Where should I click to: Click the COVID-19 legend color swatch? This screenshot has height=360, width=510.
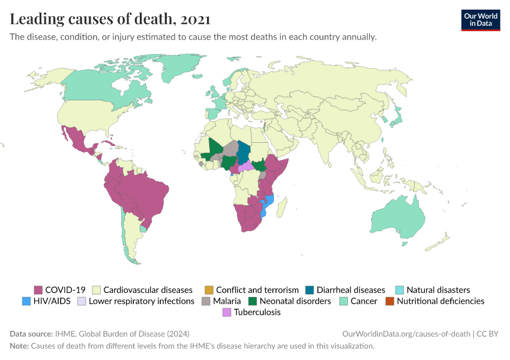point(38,290)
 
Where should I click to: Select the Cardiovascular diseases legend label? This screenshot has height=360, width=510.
point(148,290)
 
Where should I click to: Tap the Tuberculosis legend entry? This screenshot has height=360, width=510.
point(257,313)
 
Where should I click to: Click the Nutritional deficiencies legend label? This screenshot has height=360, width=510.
point(440,301)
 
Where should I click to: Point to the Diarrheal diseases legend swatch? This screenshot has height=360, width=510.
point(310,290)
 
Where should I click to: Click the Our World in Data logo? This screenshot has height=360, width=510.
point(480,20)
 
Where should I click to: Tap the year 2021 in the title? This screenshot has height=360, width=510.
point(195,19)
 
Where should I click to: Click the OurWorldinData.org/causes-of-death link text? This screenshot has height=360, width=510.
point(405,334)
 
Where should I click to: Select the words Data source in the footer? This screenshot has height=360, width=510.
point(31,334)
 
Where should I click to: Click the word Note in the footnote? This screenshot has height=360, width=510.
point(19,346)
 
